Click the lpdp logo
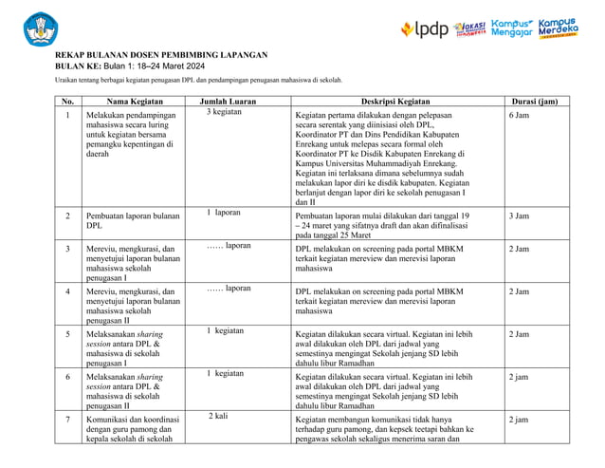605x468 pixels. [424, 28]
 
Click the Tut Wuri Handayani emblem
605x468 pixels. [40, 28]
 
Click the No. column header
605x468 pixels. [67, 101]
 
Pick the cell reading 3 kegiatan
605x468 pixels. [225, 113]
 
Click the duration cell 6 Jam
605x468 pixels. [519, 114]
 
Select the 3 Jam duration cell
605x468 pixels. [519, 215]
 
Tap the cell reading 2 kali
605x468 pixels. [218, 416]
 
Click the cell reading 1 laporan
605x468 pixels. [224, 213]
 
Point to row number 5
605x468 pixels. [67, 335]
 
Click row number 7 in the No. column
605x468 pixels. [67, 419]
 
